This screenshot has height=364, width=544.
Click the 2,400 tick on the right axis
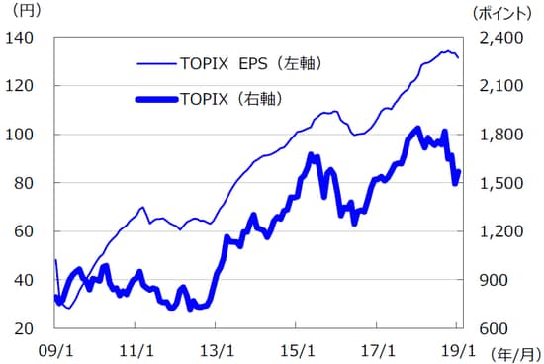click(499, 38)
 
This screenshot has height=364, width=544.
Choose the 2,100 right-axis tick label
click(499, 86)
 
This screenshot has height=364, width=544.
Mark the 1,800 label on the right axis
click(499, 135)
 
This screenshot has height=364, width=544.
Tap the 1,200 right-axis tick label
click(499, 231)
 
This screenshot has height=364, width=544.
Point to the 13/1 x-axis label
click(217, 349)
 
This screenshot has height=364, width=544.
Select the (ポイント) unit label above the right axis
click(502, 13)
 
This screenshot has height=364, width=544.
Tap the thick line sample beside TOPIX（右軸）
click(154, 99)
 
